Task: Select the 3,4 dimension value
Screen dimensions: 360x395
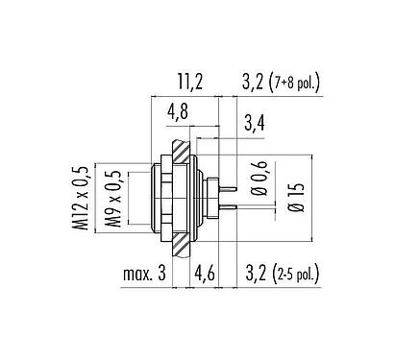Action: [256, 122]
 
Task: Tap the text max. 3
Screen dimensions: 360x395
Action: [142, 277]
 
